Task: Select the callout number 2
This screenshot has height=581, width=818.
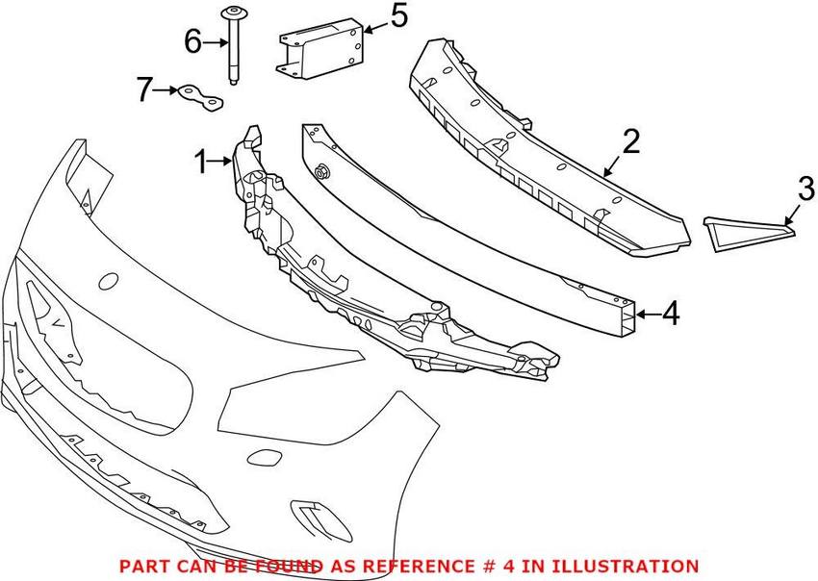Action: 630,141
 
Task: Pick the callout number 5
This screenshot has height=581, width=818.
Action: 397,16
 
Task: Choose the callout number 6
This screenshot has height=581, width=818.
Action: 193,41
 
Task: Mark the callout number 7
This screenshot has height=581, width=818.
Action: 145,90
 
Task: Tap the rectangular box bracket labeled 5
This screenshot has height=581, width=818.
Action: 321,48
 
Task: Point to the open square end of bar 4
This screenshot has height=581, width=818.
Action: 628,314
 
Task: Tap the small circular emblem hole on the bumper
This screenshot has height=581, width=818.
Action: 109,283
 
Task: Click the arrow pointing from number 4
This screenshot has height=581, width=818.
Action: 649,314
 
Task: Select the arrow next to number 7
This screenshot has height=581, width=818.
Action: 165,90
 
